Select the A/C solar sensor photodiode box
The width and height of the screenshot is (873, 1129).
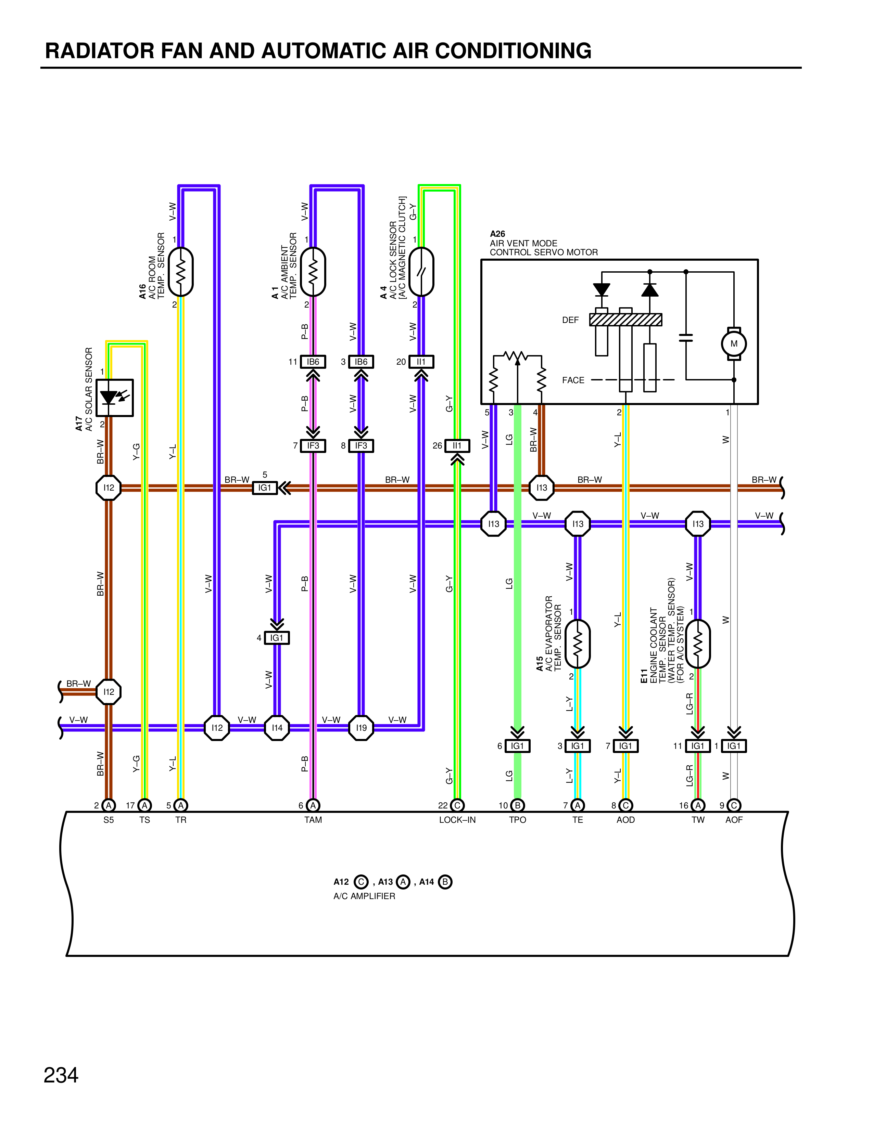(114, 398)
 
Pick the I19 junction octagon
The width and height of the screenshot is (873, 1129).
(361, 728)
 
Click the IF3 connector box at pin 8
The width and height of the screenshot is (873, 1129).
(361, 445)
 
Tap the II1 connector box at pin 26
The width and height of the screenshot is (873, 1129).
(457, 445)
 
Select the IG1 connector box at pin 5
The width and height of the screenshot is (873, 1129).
(265, 488)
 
